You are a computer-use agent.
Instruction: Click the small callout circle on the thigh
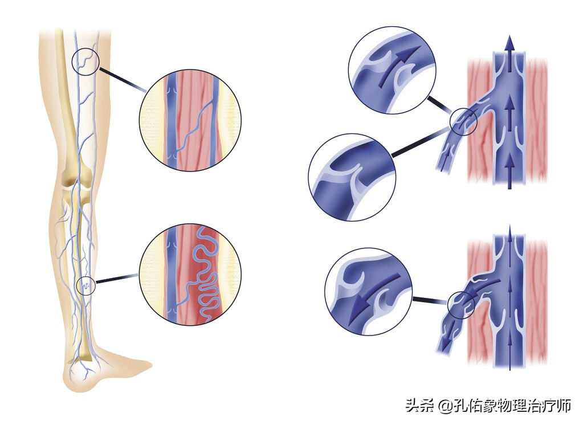[85, 61]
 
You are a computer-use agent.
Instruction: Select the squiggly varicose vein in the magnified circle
[205, 273]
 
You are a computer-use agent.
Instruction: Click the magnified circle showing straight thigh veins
[190, 120]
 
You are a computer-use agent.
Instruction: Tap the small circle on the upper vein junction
[463, 121]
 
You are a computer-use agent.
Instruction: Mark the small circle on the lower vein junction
[461, 305]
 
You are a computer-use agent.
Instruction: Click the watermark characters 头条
[421, 406]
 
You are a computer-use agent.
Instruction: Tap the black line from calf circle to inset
[117, 279]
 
